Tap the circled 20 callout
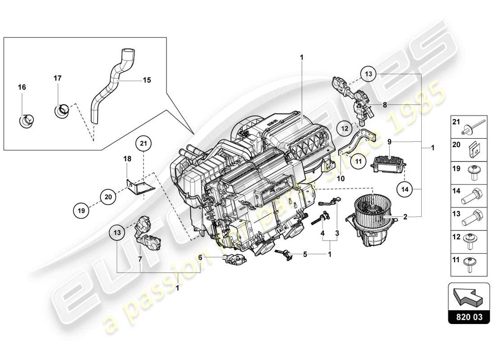[x=108, y=196]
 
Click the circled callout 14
[x=405, y=189]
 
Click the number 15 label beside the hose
[x=147, y=80]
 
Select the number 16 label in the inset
[x=22, y=87]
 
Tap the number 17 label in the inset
[x=58, y=78]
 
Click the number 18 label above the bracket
[x=127, y=159]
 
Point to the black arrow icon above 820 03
[x=468, y=297]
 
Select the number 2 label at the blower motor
[x=405, y=216]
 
